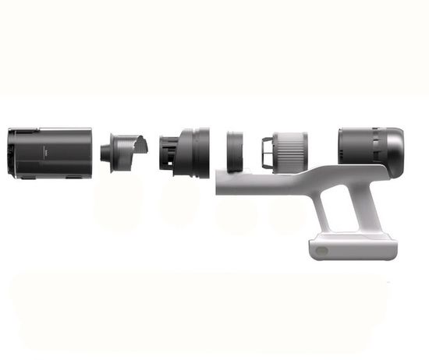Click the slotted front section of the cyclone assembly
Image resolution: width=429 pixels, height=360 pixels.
point(168,152)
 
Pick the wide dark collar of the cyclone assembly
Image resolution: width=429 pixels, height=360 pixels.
point(194,152)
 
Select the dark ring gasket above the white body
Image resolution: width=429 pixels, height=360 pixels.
point(236,150)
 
